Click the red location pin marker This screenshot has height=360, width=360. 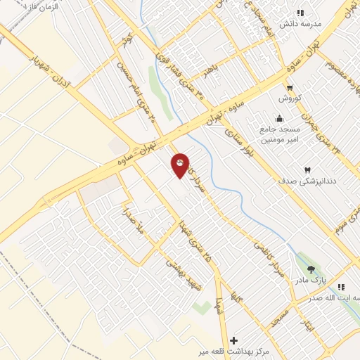(x=180, y=165)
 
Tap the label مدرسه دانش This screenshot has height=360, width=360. (x=301, y=23)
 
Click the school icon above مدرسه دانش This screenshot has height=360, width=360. (x=300, y=12)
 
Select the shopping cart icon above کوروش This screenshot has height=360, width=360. (x=290, y=87)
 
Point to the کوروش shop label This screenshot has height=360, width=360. (x=290, y=98)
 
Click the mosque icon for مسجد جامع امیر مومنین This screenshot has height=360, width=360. (x=280, y=118)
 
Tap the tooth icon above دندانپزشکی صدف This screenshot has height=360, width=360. (x=307, y=169)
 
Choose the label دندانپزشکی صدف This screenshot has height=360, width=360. (x=307, y=181)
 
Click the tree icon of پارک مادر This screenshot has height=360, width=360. (x=311, y=269)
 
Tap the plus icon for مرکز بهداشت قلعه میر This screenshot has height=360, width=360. (x=233, y=340)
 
